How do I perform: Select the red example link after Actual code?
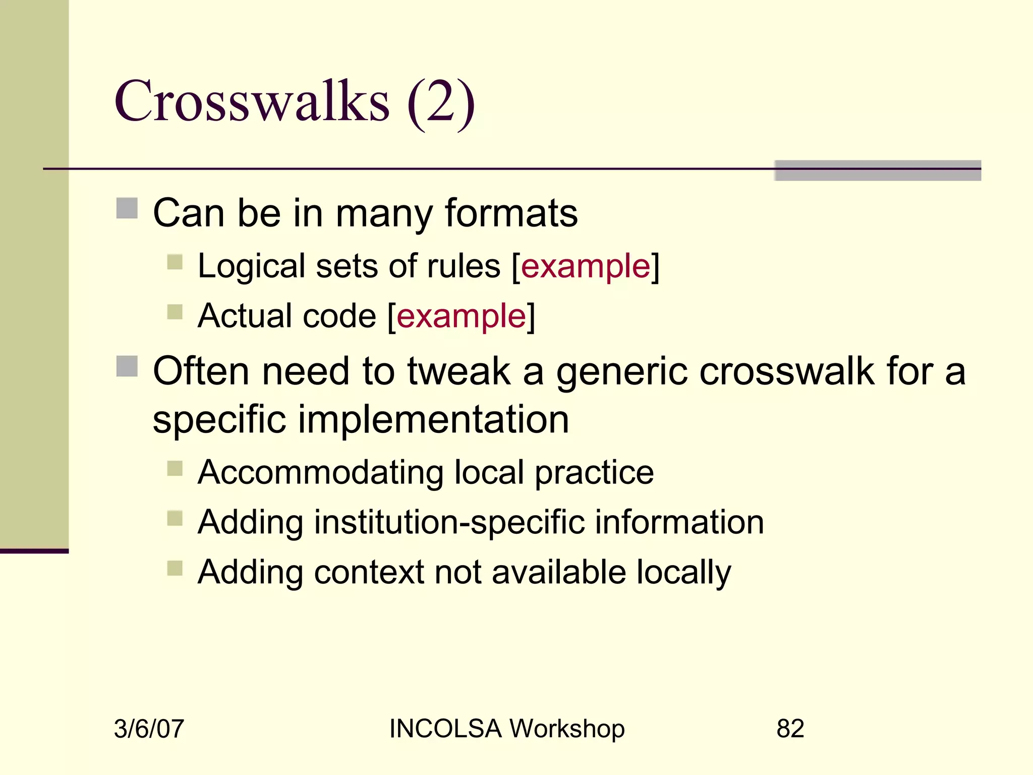pos(461,316)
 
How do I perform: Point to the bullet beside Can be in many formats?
pos(127,208)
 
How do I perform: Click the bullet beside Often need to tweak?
pos(127,366)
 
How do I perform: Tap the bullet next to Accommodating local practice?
pos(175,468)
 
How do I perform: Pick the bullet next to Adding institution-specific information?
pos(175,518)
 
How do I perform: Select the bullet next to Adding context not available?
pos(175,568)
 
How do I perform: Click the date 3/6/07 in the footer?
pos(149,729)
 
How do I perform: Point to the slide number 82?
pos(790,729)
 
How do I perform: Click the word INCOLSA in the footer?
pos(445,729)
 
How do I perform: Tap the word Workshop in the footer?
pos(567,729)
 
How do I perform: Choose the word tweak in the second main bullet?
pos(459,371)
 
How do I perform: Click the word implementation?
pos(434,419)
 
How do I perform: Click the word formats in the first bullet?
pos(511,213)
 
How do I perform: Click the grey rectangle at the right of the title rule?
pos(878,171)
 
